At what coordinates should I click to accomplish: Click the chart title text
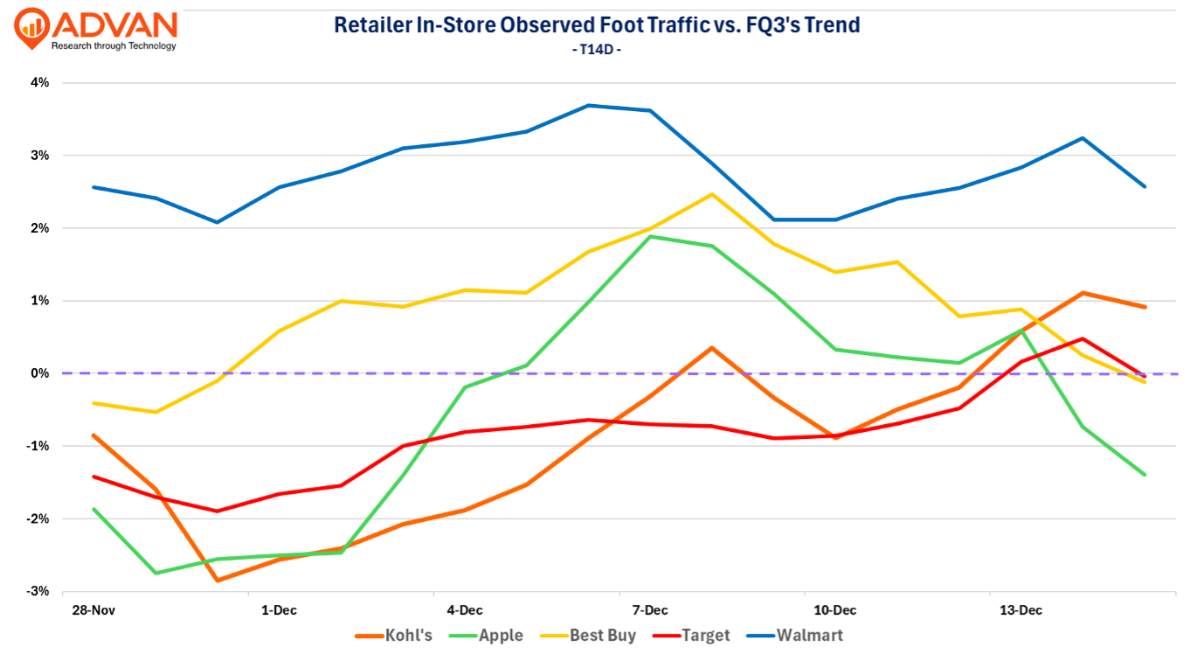coord(597,24)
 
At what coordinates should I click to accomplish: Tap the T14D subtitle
coord(597,50)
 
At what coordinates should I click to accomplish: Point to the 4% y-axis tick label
coord(39,83)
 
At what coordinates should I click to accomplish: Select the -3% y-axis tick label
coord(38,591)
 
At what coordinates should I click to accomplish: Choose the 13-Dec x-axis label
coord(1020,610)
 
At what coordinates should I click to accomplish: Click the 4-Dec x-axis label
coord(464,610)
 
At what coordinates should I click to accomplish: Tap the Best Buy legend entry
coord(590,636)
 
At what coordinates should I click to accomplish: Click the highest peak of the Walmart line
coord(588,106)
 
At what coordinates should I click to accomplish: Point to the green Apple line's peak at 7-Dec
coord(649,236)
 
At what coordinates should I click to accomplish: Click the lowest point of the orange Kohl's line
coord(217,581)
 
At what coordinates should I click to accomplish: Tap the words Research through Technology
coord(114,46)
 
